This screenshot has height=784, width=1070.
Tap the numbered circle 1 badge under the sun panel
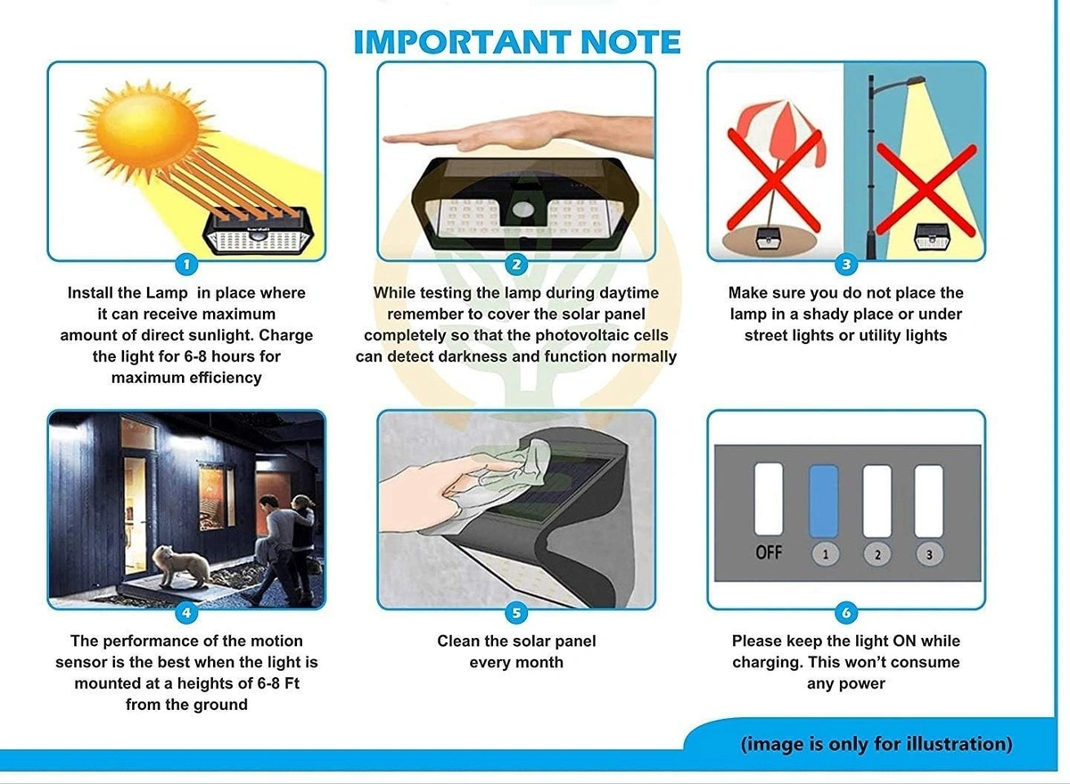186,265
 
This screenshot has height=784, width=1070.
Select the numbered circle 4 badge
186,613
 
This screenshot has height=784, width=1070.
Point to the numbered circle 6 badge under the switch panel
846,613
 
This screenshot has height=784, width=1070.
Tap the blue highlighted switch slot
824,502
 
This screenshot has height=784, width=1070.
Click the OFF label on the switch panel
769,552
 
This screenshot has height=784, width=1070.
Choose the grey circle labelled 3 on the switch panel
929,554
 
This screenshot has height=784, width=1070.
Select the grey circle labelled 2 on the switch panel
877,554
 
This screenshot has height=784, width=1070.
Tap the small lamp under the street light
932,236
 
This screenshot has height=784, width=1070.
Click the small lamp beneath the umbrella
769,239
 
